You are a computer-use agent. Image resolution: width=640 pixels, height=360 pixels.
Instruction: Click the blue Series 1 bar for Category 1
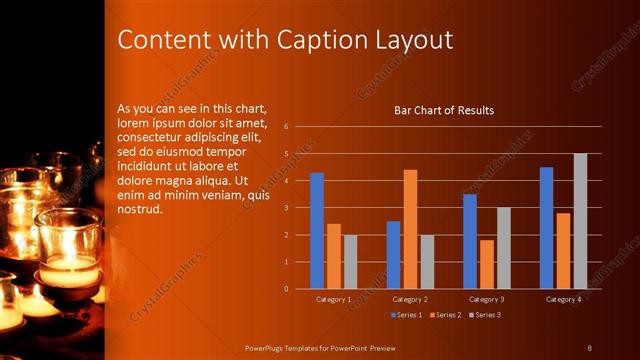(317, 231)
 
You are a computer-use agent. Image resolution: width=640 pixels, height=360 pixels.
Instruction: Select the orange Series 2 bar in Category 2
(410, 229)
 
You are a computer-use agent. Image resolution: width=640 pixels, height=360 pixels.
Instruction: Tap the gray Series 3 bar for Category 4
(580, 221)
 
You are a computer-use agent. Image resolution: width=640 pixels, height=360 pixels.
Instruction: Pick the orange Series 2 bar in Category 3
(486, 264)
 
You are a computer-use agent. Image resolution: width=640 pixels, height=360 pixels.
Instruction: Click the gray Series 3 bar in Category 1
(350, 262)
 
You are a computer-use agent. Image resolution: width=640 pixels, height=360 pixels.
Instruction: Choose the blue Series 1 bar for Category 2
(393, 255)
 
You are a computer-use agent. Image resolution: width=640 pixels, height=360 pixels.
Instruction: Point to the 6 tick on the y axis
(287, 127)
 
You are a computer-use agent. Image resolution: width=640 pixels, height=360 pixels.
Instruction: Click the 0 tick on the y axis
(287, 289)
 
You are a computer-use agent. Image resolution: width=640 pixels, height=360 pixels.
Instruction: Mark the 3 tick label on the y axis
(287, 208)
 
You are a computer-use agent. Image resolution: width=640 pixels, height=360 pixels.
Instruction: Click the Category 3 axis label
(486, 299)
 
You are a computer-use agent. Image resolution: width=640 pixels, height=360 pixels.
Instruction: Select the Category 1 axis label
(333, 299)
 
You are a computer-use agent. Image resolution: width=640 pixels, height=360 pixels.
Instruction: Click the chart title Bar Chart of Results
(444, 110)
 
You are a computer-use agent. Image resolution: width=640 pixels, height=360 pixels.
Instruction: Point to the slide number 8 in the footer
(589, 347)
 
